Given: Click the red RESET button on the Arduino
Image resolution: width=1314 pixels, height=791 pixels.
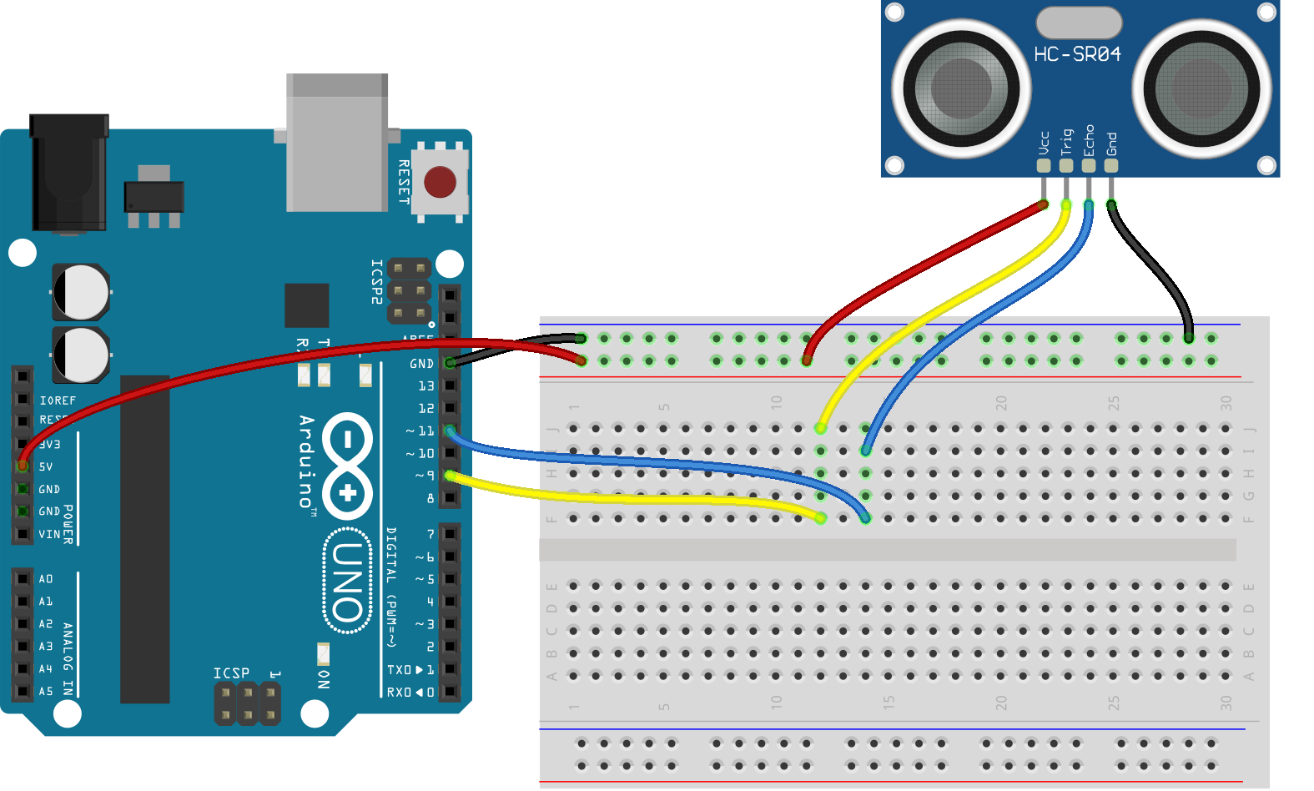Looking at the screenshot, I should point(440,182).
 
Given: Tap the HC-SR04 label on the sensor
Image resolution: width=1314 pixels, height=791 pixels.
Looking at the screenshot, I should point(1077,55).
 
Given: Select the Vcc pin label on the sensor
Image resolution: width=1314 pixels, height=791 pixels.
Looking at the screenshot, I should point(1044,143).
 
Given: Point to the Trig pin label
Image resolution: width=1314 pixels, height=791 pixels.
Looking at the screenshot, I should point(1066,142).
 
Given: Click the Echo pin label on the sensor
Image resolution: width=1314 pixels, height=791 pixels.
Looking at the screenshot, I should point(1089,140).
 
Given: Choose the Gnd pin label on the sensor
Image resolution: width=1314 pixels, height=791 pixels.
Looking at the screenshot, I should point(1111,144).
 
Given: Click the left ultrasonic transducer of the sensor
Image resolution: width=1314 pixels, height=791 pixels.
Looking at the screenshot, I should point(960,88).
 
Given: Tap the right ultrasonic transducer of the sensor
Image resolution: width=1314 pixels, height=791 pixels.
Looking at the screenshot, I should point(1201,88).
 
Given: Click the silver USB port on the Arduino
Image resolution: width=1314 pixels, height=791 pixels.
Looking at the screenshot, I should point(337,142).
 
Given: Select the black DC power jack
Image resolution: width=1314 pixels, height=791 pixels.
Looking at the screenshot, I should point(69,173).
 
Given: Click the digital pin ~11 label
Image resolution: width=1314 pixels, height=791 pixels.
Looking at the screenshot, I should point(420,431).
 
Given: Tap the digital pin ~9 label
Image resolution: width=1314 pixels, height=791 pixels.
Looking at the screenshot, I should point(425,476).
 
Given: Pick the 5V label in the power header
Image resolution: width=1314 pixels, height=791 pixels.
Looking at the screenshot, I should point(46,467).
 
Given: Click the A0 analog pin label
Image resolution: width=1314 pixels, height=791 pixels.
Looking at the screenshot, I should point(46,579).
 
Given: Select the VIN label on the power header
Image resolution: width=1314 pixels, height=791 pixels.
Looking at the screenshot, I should point(49,534).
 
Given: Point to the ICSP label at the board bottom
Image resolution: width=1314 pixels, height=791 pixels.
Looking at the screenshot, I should point(231,673).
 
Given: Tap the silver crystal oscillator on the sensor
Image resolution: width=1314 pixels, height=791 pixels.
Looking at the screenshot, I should point(1079,23).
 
